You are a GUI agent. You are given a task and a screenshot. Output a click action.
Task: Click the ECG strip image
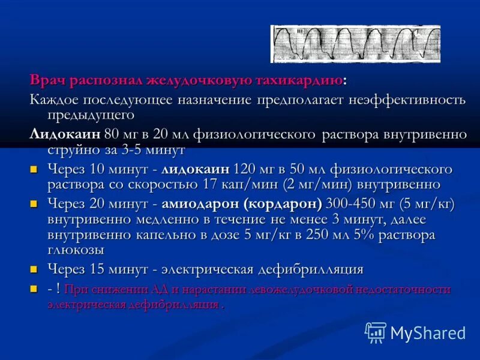click(355, 44)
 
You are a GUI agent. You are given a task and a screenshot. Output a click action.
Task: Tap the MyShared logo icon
click(376, 332)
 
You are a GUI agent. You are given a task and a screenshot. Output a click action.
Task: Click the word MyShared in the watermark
click(428, 332)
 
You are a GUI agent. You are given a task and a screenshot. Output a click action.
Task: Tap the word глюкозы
click(76, 250)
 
